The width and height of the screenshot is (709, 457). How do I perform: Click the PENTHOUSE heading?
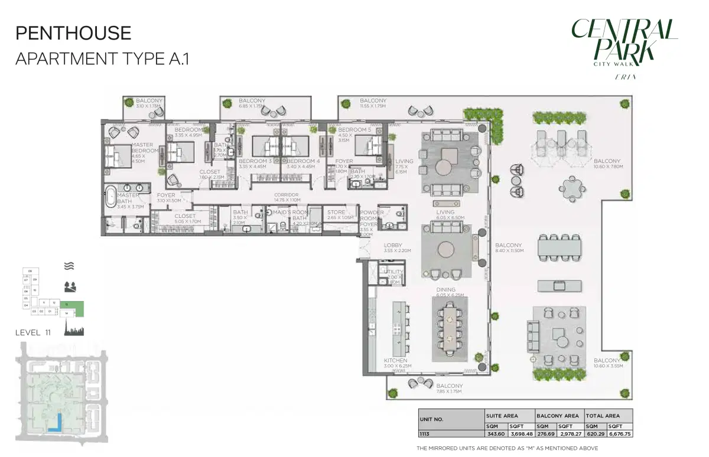coord(73,33)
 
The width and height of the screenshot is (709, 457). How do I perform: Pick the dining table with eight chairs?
coord(450,329)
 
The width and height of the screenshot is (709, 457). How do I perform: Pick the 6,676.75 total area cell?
coord(620,433)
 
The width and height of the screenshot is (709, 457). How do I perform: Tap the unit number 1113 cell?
coord(425,433)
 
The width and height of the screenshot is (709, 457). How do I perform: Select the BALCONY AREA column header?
coord(558,416)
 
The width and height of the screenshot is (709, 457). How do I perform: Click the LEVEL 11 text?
coord(32,332)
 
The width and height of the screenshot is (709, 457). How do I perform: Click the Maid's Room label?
coord(291,213)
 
